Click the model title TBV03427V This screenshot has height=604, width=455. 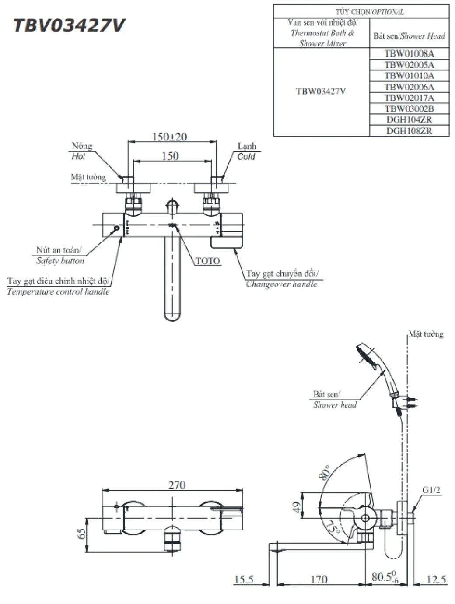tap(69, 26)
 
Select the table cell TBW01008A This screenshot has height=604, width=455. tap(409, 54)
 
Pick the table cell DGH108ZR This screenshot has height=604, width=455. tap(409, 130)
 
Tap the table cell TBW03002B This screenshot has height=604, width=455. tap(409, 109)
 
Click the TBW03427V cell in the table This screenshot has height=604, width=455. tap(321, 91)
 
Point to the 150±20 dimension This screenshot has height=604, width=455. tap(169, 137)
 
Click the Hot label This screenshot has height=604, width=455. tap(78, 156)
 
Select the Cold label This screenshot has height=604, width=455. tap(246, 157)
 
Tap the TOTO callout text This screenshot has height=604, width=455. tap(208, 261)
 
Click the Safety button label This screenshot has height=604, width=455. tap(60, 261)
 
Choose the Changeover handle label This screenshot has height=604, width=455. tap(281, 284)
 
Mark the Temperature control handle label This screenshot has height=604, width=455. tap(58, 291)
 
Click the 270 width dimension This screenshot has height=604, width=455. tap(177, 485)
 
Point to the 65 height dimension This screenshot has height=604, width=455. tap(82, 534)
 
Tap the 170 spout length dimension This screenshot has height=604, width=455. tap(318, 579)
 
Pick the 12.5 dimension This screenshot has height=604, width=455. tap(436, 579)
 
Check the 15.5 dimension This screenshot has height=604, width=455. tap(243, 579)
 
